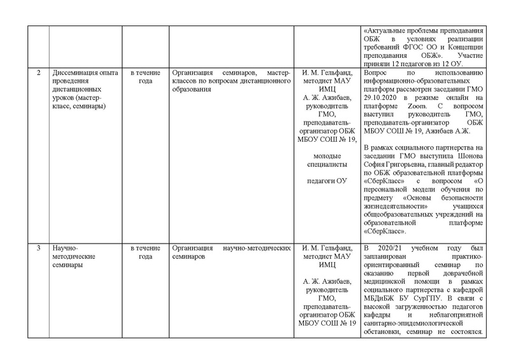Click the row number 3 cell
(x=39, y=248)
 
